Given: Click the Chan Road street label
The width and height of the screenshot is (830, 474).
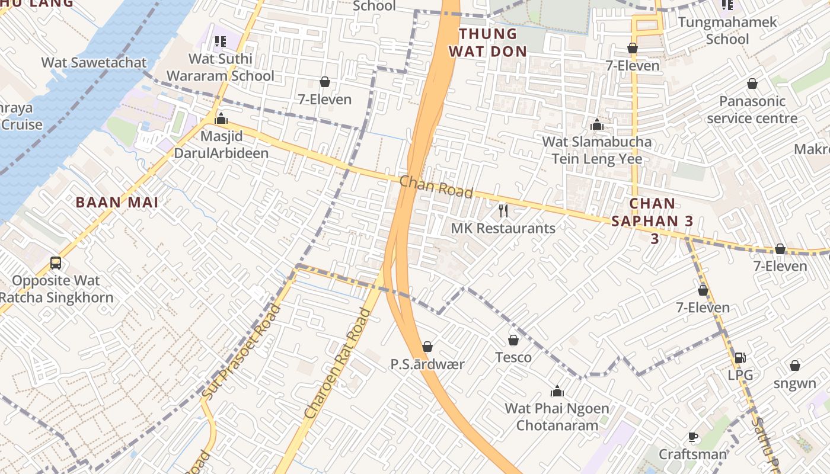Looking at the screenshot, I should click(x=436, y=187).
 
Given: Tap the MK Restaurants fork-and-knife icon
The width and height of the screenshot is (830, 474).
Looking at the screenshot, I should click(x=503, y=210).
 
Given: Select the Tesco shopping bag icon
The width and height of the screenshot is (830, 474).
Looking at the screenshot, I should click(x=513, y=340).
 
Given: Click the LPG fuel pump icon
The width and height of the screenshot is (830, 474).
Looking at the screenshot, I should click(x=740, y=357).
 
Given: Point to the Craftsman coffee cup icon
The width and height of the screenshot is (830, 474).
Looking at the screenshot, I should click(x=692, y=437).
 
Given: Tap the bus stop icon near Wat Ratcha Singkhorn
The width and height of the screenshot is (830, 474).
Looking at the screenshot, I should click(x=55, y=262).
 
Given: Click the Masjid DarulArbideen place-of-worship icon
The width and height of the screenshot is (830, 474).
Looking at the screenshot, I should click(x=221, y=118).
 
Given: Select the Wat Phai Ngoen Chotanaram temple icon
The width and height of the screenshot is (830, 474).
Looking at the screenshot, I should click(x=557, y=391).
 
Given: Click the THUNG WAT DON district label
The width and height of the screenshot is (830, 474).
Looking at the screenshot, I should click(x=488, y=42).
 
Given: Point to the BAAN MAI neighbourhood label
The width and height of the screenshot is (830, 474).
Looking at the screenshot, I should click(x=117, y=203).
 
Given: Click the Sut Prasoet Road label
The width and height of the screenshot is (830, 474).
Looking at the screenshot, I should click(x=241, y=351).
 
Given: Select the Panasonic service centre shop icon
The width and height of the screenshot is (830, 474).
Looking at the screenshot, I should click(x=752, y=84).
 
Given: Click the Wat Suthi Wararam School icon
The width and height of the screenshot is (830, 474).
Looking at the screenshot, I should click(x=220, y=41).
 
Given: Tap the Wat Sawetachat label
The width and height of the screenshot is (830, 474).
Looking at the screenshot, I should click(x=94, y=62).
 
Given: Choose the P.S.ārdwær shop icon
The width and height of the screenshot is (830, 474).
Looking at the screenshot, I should click(x=427, y=347).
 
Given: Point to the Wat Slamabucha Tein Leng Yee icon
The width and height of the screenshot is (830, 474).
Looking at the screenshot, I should click(x=597, y=124).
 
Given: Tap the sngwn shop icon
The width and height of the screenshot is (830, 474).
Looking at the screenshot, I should click(x=794, y=366).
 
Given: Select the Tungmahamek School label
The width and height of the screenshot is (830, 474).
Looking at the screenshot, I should click(x=727, y=31).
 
